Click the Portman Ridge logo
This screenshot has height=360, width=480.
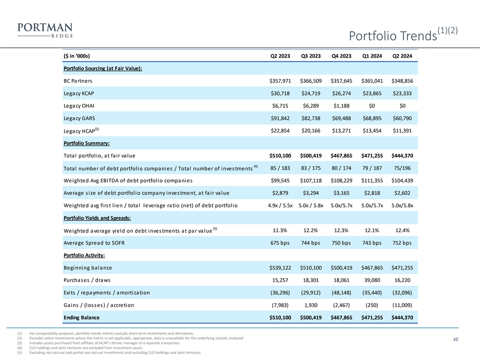click(45, 30)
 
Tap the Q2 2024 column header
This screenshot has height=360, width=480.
click(402, 55)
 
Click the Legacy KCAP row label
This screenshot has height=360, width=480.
click(79, 93)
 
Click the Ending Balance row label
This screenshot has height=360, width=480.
click(81, 317)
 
